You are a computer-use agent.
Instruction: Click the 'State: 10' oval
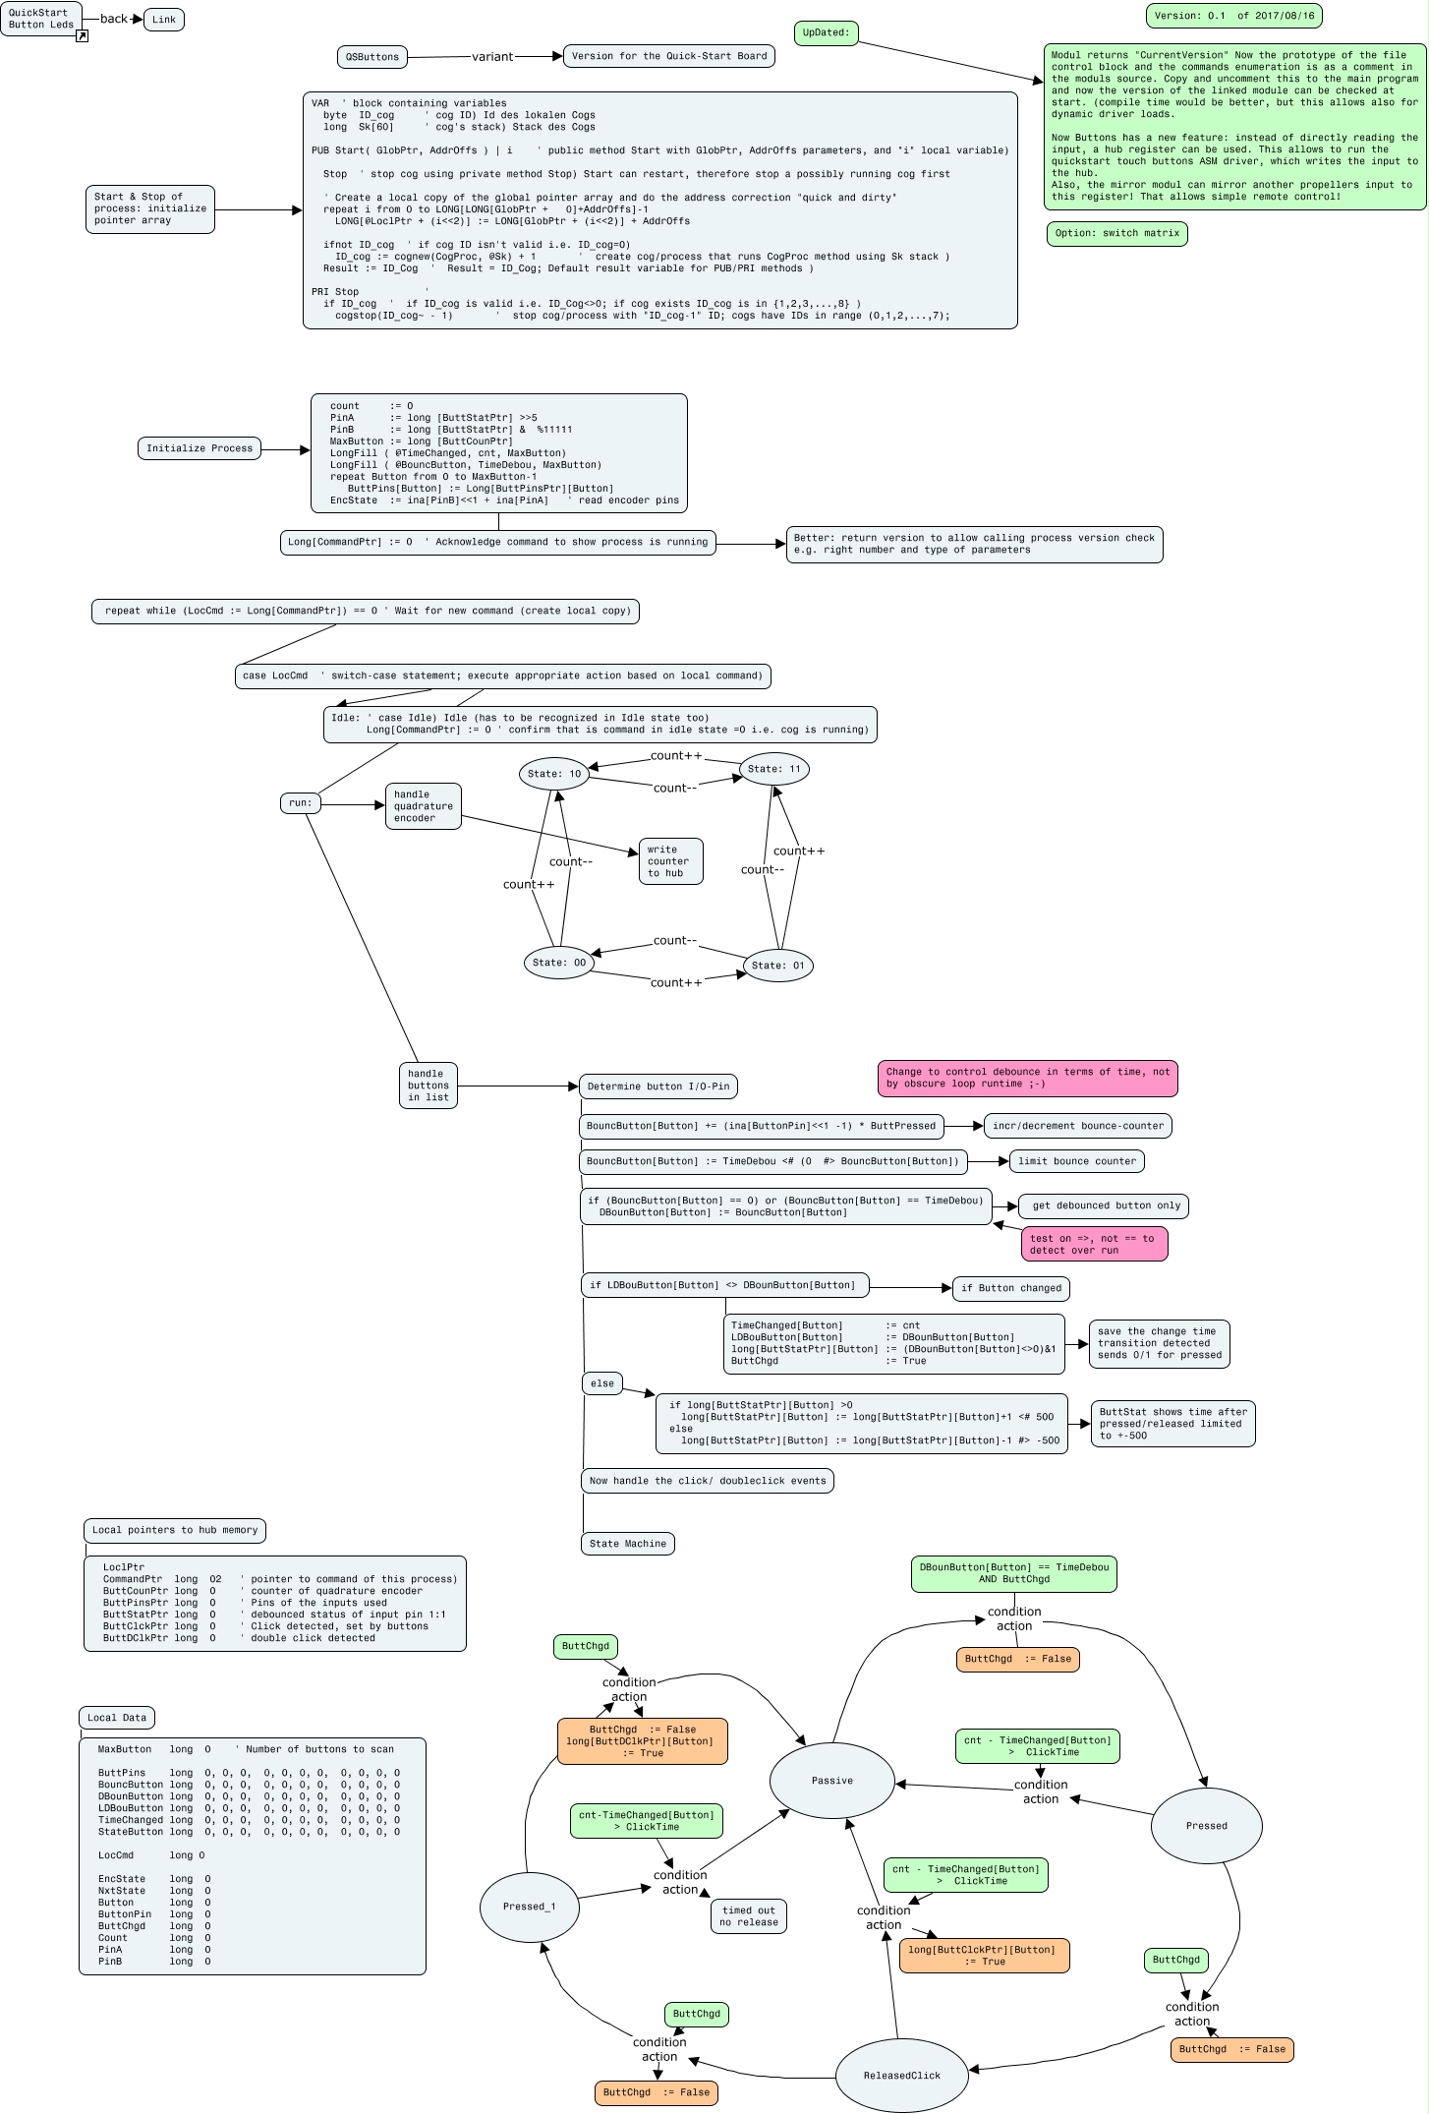click(x=554, y=774)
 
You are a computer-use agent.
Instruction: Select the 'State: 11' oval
click(x=774, y=769)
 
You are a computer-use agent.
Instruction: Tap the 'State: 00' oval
click(x=559, y=963)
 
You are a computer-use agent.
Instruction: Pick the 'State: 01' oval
click(x=778, y=966)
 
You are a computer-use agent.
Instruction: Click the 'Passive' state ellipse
click(x=832, y=1781)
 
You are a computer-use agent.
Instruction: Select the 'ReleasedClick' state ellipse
click(x=902, y=2076)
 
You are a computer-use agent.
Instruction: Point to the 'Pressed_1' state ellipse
click(x=530, y=1907)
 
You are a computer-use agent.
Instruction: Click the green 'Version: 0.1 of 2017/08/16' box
click(x=1234, y=16)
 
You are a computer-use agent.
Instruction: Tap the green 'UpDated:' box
click(x=826, y=32)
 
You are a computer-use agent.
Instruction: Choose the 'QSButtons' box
click(x=372, y=57)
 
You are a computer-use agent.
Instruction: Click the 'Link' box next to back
click(x=164, y=20)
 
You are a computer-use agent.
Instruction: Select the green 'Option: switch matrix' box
click(x=1117, y=233)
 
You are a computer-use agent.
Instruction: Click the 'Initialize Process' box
click(x=200, y=448)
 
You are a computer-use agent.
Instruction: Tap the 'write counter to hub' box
click(x=671, y=861)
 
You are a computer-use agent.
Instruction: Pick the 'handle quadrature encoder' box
click(x=424, y=806)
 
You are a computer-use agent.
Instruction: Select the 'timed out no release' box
click(x=749, y=1916)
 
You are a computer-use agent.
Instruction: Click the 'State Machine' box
click(x=628, y=1544)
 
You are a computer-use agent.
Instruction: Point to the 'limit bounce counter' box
click(x=1077, y=1161)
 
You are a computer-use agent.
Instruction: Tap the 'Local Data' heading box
click(x=117, y=1718)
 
